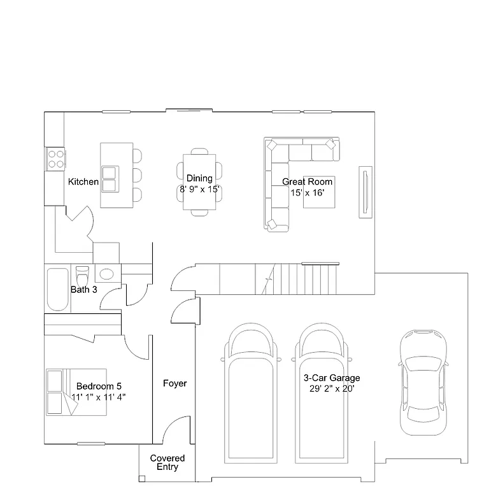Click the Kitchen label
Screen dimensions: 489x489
click(83, 181)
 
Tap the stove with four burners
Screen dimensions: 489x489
click(55, 158)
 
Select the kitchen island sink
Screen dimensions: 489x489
click(110, 179)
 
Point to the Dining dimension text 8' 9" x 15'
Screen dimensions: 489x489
click(200, 190)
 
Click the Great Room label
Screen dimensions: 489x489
click(308, 181)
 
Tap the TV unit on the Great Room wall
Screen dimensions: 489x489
click(366, 192)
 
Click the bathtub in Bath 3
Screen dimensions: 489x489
click(57, 290)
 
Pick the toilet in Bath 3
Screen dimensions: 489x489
click(81, 276)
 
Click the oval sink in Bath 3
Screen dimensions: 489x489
click(106, 274)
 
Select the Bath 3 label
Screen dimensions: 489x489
click(84, 290)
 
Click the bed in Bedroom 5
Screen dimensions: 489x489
click(76, 392)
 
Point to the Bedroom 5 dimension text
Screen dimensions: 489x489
click(99, 397)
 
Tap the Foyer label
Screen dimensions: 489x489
click(174, 383)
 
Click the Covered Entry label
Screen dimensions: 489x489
click(167, 462)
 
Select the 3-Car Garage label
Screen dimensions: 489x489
click(332, 378)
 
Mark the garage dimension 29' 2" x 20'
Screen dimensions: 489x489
click(332, 388)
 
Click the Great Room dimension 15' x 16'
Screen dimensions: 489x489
click(308, 192)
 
